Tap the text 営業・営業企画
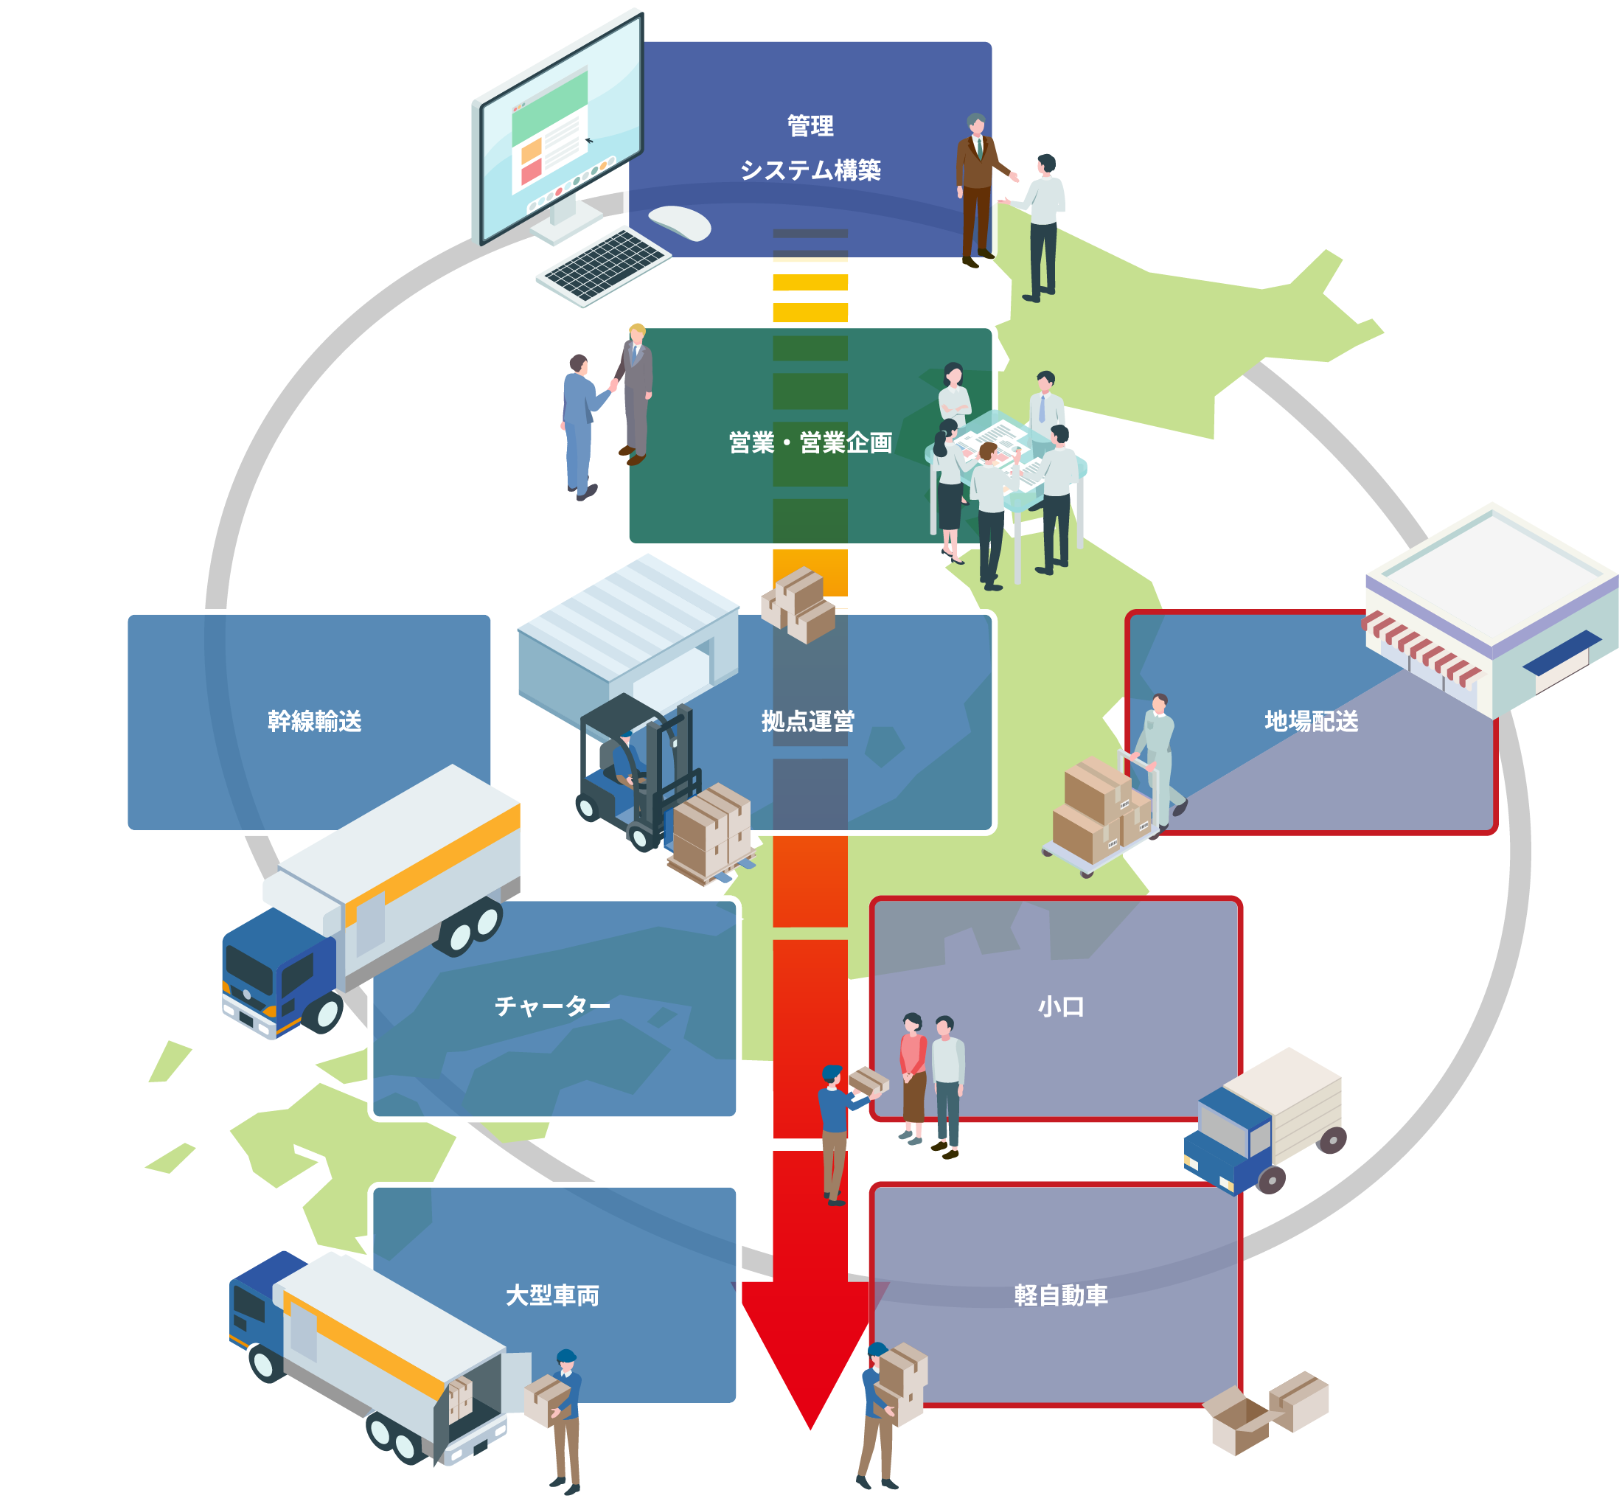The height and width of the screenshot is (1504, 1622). pos(810,443)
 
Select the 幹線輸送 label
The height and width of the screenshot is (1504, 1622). pos(314,721)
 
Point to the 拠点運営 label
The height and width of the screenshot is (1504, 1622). pos(807,721)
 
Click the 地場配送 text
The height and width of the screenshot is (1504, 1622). pos(1310,721)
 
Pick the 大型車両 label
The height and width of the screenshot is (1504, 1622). pos(551,1295)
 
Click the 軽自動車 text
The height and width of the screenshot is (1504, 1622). pos(1060,1295)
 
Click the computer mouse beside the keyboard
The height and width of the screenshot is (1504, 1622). pos(681,222)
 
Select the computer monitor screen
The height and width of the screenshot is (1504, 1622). pos(562,130)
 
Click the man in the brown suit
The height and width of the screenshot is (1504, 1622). pos(977,187)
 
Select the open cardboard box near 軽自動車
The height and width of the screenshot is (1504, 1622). pos(1237,1420)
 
